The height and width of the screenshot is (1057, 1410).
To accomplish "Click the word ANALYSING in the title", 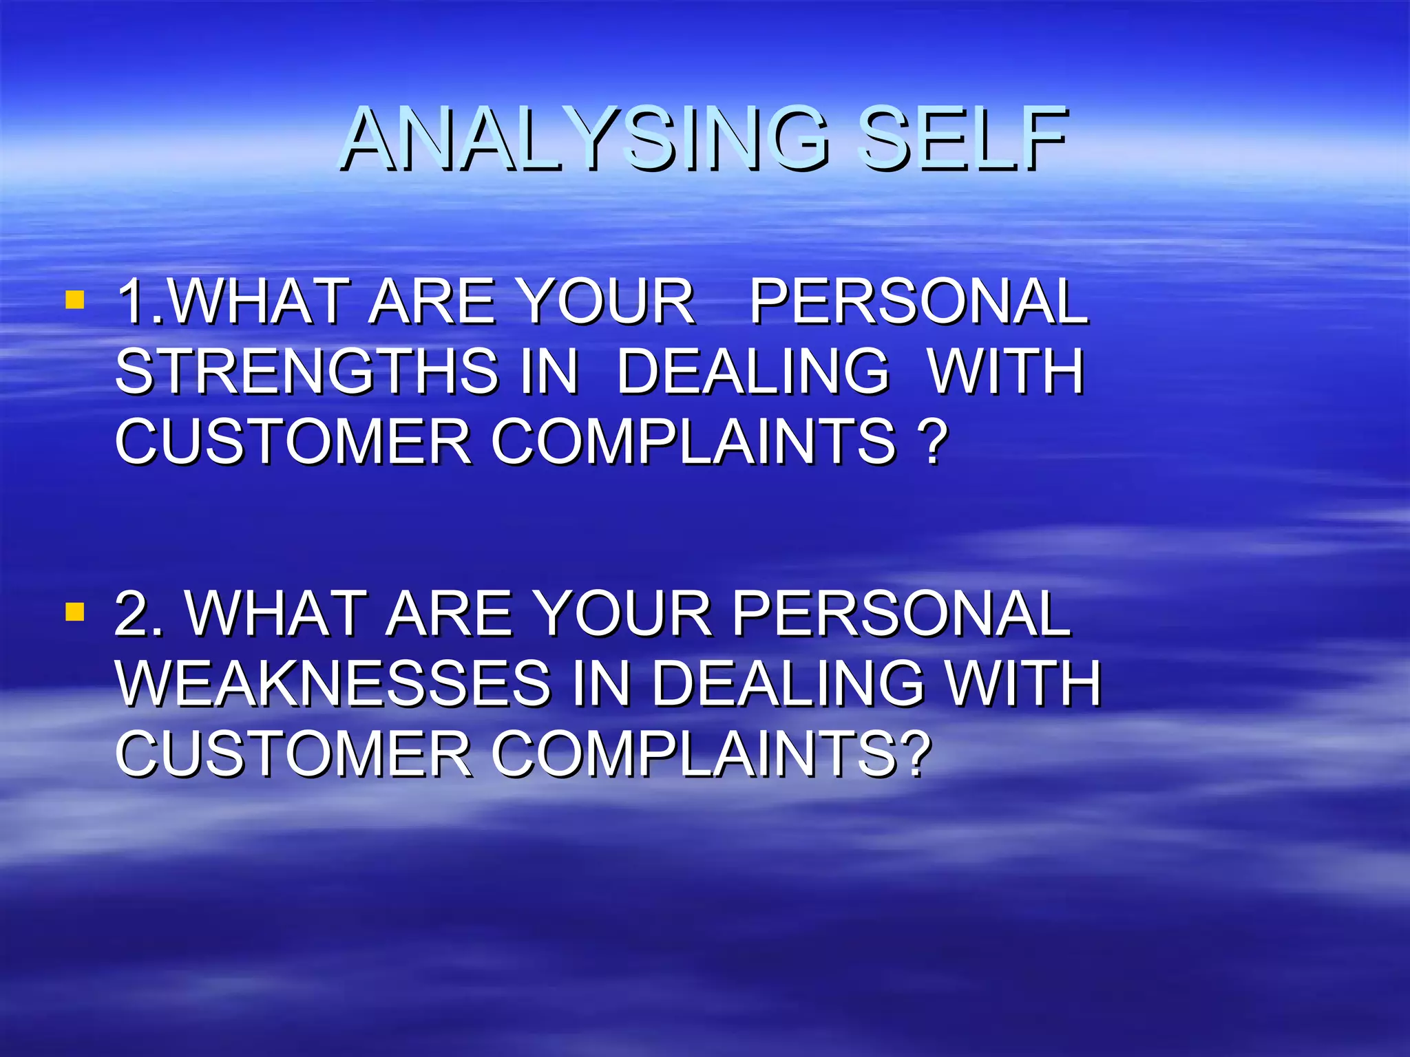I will (585, 140).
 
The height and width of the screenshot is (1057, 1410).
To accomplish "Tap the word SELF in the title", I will (964, 140).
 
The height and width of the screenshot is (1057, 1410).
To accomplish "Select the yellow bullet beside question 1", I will (74, 300).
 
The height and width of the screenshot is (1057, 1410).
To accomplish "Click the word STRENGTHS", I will (307, 372).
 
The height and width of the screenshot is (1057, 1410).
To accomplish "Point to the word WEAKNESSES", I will (334, 683).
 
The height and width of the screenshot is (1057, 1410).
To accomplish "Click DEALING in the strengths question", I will (753, 372).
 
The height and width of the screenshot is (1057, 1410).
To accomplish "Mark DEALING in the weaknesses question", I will (788, 683).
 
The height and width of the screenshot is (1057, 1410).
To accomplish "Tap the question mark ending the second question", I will (916, 754).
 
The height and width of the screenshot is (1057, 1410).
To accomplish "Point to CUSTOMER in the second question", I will (293, 754).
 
